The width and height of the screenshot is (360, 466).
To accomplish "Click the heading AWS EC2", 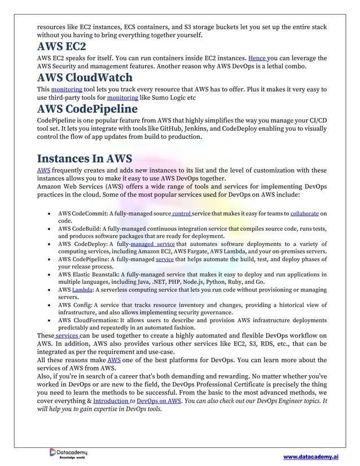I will pyautogui.click(x=62, y=47).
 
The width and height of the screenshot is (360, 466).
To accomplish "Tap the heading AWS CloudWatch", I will pyautogui.click(x=85, y=77).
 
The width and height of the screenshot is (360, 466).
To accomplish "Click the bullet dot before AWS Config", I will pyautogui.click(x=51, y=305).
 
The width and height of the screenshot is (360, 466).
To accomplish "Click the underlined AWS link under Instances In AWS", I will pyautogui.click(x=43, y=171).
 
